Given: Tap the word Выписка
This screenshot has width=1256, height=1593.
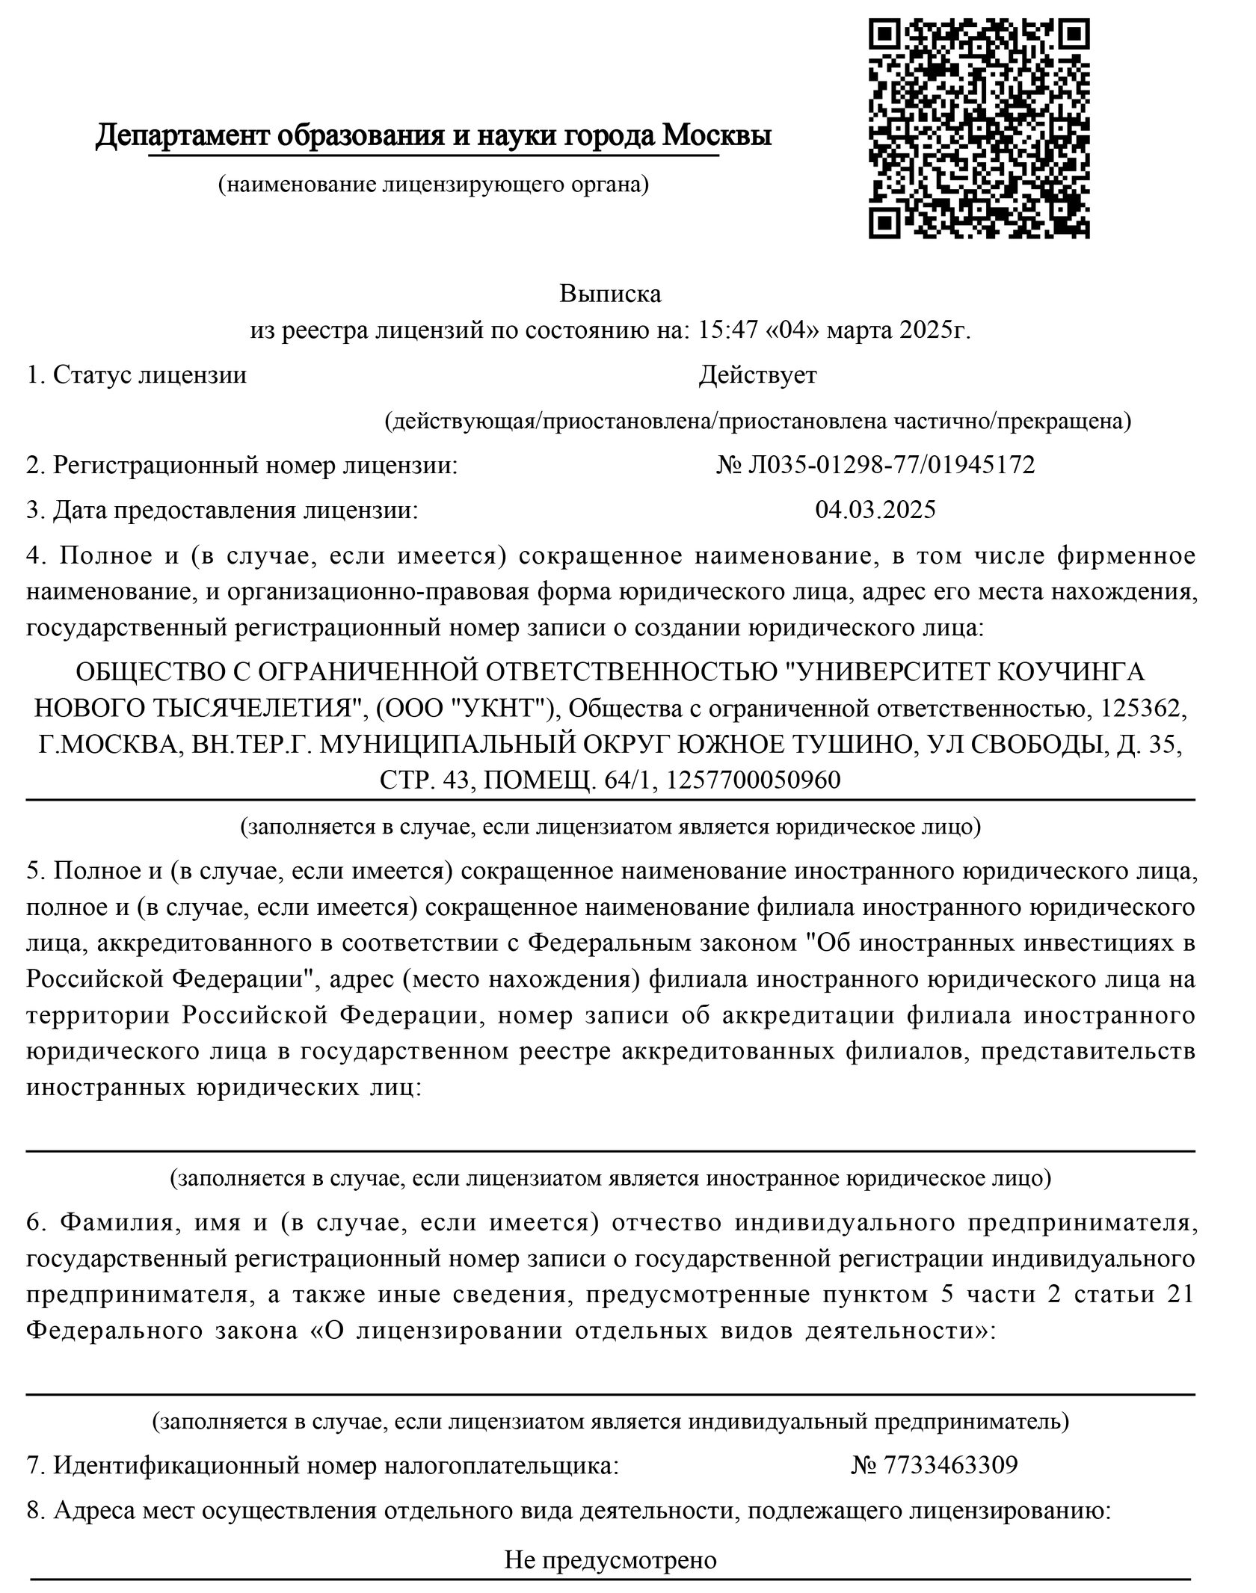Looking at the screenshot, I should click(x=610, y=294).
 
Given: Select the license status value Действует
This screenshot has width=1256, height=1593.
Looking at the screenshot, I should click(x=757, y=375).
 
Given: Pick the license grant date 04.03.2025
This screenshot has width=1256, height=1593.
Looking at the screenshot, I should click(x=875, y=510).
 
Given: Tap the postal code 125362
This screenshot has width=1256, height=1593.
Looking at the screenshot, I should click(x=1136, y=707).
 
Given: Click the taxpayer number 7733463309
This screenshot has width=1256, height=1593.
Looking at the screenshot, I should click(x=950, y=1464).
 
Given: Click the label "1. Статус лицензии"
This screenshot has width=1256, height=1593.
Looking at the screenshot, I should click(x=136, y=375).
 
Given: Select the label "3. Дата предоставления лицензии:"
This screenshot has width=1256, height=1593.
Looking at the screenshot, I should click(x=222, y=510).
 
